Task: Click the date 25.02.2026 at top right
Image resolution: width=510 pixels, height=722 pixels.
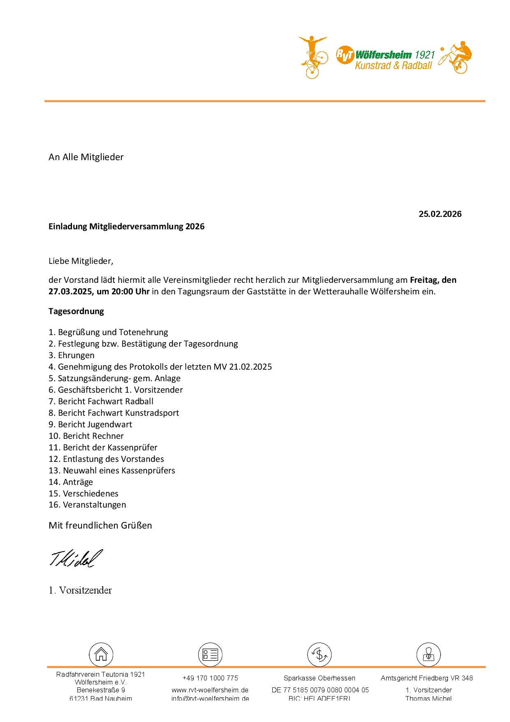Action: (440, 214)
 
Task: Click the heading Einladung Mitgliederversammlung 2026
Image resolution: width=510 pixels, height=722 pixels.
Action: (126, 226)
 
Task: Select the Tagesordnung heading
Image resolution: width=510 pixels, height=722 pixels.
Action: (76, 311)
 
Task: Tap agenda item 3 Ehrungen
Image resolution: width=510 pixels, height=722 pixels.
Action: (72, 355)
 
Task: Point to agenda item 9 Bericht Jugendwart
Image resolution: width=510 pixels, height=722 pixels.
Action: (90, 424)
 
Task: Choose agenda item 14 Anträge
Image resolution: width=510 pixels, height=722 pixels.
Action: (71, 482)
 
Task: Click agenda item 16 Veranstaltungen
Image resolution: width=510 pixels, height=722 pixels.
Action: (87, 505)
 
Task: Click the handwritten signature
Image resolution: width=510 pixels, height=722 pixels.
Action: (76, 559)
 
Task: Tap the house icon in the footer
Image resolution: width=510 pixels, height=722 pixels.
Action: (101, 654)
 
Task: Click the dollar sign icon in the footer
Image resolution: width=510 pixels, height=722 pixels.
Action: (319, 654)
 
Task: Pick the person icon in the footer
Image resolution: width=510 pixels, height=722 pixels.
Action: (429, 654)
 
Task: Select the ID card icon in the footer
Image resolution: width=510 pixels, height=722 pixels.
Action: (210, 654)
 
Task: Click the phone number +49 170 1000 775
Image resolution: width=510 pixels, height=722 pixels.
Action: (210, 678)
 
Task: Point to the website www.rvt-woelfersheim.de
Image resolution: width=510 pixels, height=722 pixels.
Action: (210, 690)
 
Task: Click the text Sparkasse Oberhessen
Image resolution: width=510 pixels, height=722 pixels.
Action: (319, 678)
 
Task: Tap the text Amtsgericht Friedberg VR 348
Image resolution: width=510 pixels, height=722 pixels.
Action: (427, 678)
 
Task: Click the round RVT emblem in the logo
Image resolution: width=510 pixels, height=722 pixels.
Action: (345, 55)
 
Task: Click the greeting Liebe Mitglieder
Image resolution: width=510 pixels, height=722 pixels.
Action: (81, 261)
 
